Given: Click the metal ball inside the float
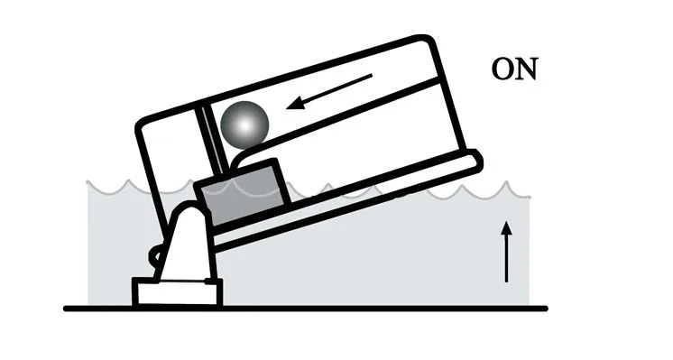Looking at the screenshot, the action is [x=244, y=125].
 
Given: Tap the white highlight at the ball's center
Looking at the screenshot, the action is [x=245, y=125].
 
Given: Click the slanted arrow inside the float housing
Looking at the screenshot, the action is [x=329, y=91].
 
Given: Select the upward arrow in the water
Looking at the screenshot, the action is [x=507, y=252].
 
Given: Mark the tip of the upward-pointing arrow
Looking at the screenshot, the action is [x=507, y=221].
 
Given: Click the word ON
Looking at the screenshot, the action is [x=514, y=69].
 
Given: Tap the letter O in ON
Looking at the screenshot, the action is [x=503, y=69].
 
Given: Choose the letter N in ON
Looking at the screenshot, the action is [x=527, y=69].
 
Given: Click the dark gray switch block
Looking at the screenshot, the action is [x=243, y=192].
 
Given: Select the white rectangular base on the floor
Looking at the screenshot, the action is [x=177, y=292].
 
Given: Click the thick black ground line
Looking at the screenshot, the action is [x=306, y=308].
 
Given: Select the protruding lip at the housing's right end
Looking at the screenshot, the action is [x=475, y=160].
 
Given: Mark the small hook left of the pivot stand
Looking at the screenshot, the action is [x=153, y=257].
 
